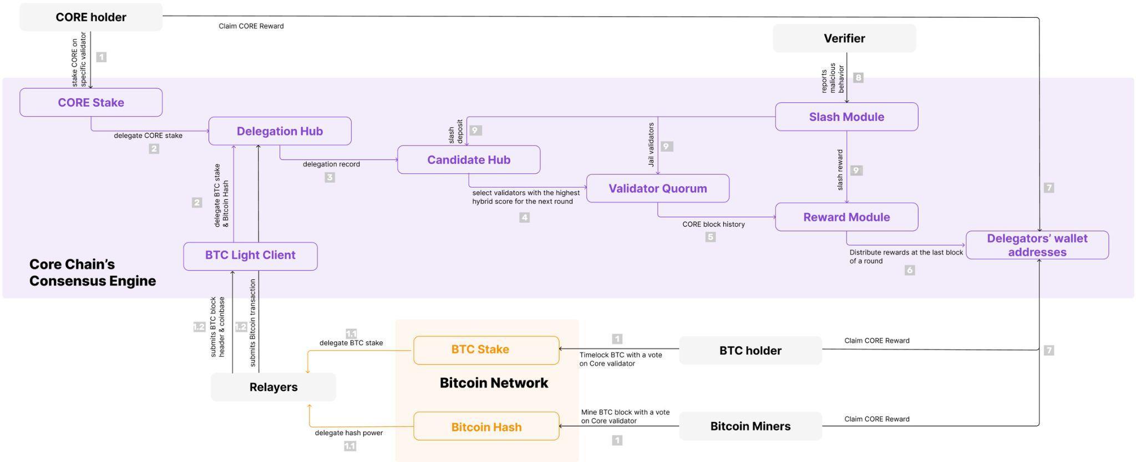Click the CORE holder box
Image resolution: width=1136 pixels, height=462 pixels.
(x=91, y=17)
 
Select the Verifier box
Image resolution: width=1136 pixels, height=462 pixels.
(x=844, y=38)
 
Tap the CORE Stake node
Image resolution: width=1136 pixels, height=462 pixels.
(x=91, y=103)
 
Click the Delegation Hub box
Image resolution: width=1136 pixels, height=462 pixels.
(x=280, y=131)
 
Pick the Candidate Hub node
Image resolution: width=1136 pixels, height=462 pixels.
(x=469, y=160)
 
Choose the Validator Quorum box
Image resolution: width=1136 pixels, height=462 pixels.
(x=657, y=188)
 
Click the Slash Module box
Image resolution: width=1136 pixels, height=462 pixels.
(x=846, y=117)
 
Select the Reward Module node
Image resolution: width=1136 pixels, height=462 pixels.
(x=846, y=217)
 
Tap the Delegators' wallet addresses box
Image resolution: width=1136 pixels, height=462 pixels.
(x=1037, y=245)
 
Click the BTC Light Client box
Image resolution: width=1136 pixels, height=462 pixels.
(x=250, y=255)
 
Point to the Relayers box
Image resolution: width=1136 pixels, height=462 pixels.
(x=273, y=387)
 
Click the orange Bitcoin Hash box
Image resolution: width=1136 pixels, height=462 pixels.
(x=486, y=426)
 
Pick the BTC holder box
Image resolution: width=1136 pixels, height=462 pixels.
(x=750, y=350)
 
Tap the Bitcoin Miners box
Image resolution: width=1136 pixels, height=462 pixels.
(x=750, y=426)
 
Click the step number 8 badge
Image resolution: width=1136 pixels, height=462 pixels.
(x=858, y=78)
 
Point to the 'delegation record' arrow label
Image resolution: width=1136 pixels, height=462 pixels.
(x=331, y=164)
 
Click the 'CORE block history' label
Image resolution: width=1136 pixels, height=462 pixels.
(x=713, y=224)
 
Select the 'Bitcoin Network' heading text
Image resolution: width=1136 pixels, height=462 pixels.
(x=494, y=383)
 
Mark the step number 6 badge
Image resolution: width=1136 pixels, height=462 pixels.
(x=910, y=270)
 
